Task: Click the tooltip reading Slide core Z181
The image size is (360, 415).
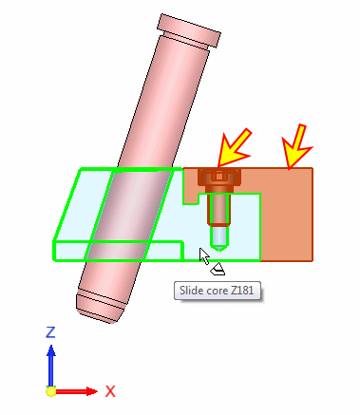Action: point(218,291)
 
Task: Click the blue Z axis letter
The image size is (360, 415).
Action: point(50,332)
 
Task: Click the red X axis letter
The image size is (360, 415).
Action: point(110,391)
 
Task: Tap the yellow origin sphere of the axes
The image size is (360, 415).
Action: point(51,391)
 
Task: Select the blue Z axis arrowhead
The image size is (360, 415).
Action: point(51,350)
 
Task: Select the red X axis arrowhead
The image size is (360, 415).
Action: point(92,391)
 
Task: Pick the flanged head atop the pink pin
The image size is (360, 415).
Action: point(189,30)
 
